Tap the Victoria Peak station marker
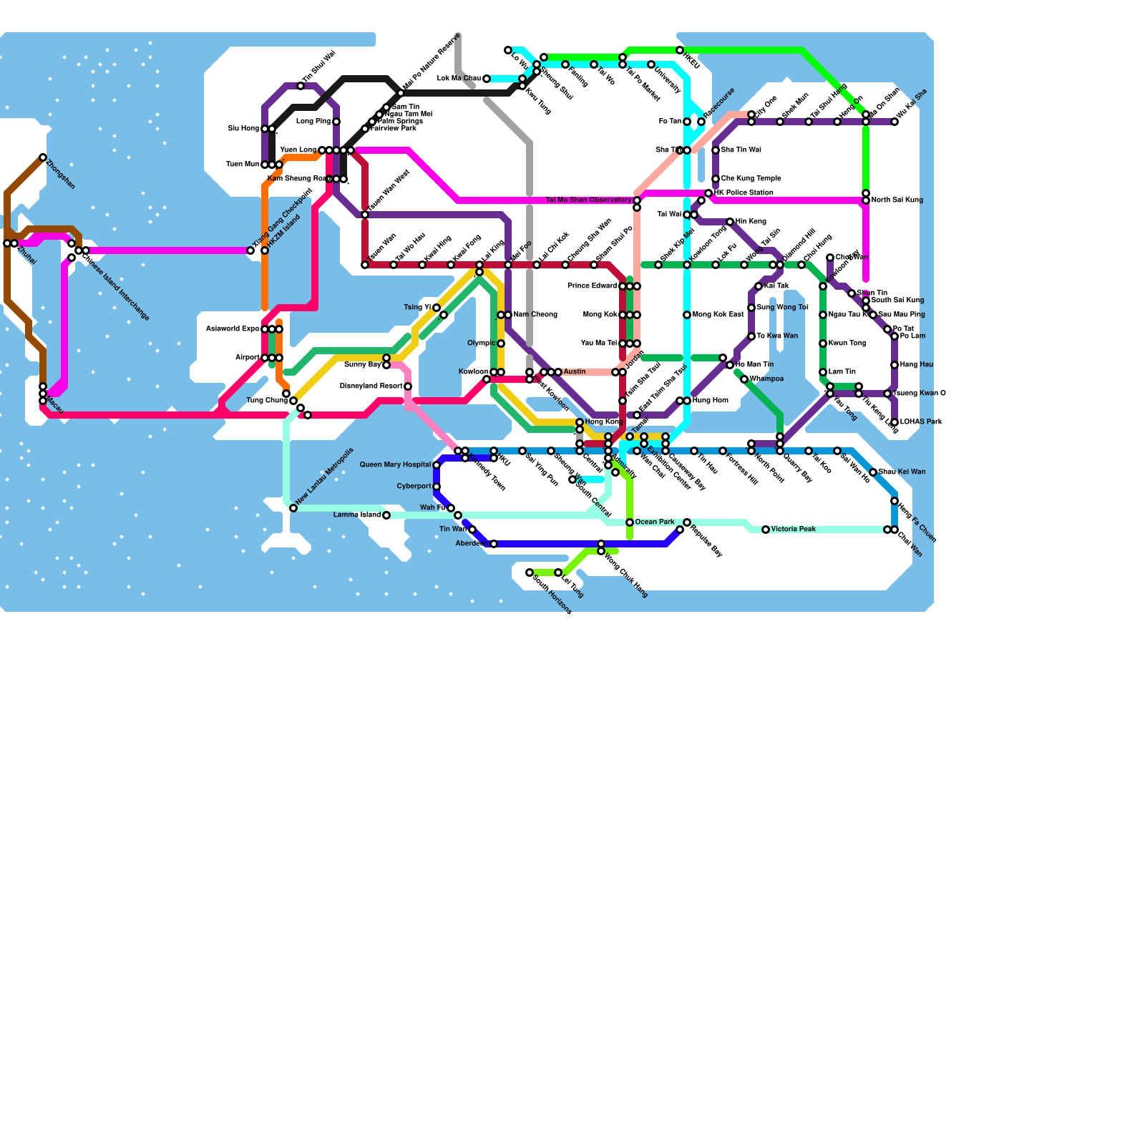pos(766,530)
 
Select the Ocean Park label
pos(655,522)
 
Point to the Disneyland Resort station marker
pos(408,386)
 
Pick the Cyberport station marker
pos(437,487)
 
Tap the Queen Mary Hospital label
pos(395,465)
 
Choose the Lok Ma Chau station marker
pos(487,79)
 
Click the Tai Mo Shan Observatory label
pos(588,200)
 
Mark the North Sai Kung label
pos(897,200)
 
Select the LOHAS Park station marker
pos(895,422)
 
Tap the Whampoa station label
pos(766,379)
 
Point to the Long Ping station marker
pos(336,122)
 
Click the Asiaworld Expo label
pos(233,329)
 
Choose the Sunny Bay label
pos(363,365)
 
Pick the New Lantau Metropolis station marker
pos(293,508)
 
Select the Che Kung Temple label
pos(751,179)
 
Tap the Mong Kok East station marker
pos(687,315)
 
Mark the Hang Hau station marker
pos(895,365)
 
